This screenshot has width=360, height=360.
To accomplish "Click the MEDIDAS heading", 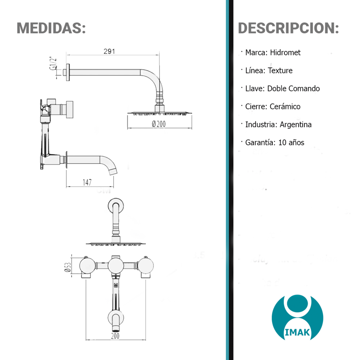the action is pyautogui.click(x=51, y=28).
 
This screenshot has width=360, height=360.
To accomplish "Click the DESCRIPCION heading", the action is pyautogui.click(x=288, y=28).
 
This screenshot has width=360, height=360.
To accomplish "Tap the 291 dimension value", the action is pyautogui.click(x=109, y=51).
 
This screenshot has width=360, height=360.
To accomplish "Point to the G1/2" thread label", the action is pyautogui.click(x=53, y=63).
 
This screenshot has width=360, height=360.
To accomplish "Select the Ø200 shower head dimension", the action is pyautogui.click(x=159, y=124).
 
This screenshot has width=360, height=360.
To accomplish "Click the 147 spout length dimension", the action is pyautogui.click(x=87, y=182).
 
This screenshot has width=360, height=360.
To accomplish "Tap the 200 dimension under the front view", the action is pyautogui.click(x=115, y=336).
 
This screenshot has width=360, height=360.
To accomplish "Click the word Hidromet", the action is pyautogui.click(x=285, y=53).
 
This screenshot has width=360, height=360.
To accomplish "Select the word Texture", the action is pyautogui.click(x=280, y=70).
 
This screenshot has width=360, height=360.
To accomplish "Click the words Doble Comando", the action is pyautogui.click(x=294, y=88).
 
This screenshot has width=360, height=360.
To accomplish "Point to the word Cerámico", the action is pyautogui.click(x=285, y=106).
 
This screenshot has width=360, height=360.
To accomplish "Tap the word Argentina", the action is pyautogui.click(x=295, y=124).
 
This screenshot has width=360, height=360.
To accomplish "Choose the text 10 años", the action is pyautogui.click(x=291, y=142).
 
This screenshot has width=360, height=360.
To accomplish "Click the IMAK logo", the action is pyautogui.click(x=297, y=317).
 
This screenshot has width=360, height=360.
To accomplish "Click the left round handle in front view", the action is pyautogui.click(x=88, y=266).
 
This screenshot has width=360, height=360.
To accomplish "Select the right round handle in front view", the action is pyautogui.click(x=146, y=266).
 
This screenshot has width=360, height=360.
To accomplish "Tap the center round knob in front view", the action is pyautogui.click(x=116, y=266).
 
